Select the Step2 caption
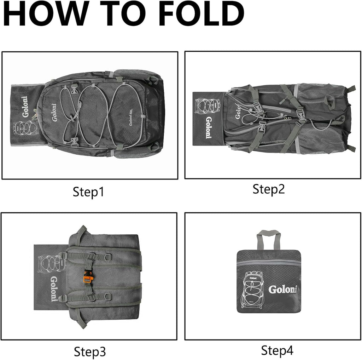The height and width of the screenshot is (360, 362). pos(268,189)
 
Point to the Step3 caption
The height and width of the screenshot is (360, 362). pos(90,352)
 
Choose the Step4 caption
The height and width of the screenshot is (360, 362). pos(277,350)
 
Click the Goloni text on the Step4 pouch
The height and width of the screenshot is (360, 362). pos(282,289)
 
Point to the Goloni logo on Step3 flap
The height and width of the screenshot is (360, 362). pos(53,288)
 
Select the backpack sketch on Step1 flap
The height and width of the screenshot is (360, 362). pos(24,131)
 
